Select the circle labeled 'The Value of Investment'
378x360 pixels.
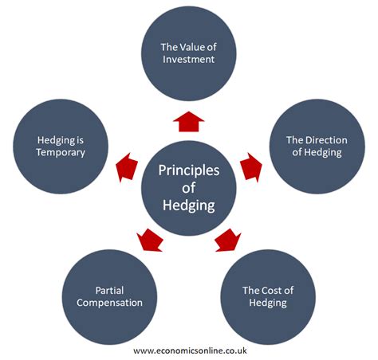[189, 54]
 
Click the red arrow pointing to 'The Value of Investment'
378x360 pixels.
[189, 122]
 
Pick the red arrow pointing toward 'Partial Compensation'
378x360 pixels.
[149, 238]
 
